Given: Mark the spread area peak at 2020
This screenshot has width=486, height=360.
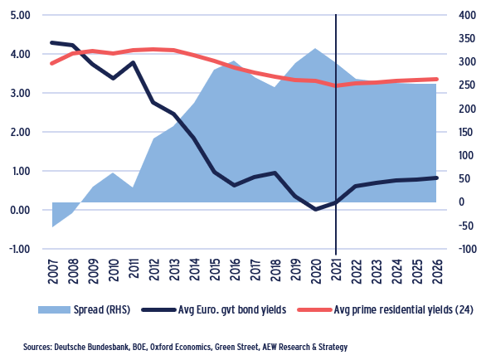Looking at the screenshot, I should (315, 49).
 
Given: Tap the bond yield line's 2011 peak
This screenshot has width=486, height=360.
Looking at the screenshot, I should (134, 62).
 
